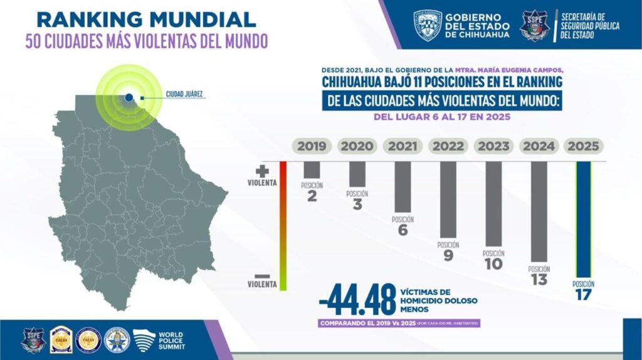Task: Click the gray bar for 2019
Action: click(x=312, y=170)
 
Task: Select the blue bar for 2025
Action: click(x=583, y=220)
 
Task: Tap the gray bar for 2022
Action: click(x=448, y=199)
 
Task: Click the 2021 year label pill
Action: click(x=403, y=146)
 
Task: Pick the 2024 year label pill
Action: click(x=539, y=146)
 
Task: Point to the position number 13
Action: click(x=539, y=280)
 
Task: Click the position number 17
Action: click(x=583, y=294)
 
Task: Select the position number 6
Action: click(x=403, y=230)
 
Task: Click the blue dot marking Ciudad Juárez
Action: click(x=129, y=97)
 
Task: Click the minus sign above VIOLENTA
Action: click(x=263, y=276)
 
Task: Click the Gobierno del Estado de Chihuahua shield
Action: click(x=428, y=25)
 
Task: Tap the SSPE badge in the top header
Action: click(x=533, y=26)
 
